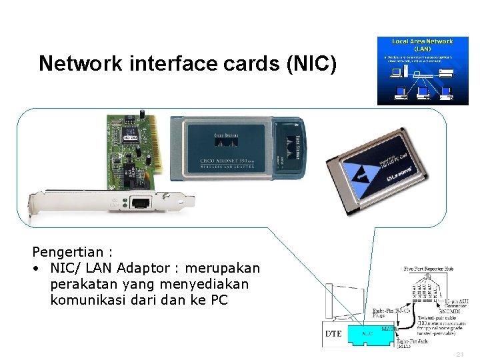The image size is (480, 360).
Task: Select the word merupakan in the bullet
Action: click(223, 268)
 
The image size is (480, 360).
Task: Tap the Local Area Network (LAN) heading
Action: click(423, 45)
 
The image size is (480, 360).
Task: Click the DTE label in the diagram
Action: click(334, 333)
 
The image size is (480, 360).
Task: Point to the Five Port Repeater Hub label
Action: click(431, 269)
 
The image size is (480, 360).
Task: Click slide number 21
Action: click(459, 355)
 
